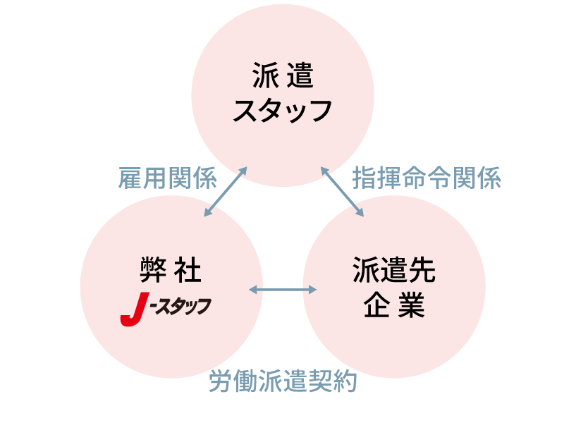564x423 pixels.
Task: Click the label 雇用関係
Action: point(167,178)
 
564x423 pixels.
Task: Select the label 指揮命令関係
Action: point(427,178)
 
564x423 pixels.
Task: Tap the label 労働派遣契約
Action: point(283,381)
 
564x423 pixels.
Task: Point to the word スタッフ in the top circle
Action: point(283,111)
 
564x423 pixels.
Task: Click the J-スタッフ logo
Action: point(166,310)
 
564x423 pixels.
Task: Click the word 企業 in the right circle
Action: point(394,306)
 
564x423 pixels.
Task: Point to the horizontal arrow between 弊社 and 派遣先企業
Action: point(283,290)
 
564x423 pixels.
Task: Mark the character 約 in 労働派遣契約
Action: point(345,381)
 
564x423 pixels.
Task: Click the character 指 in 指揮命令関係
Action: point(364,178)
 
